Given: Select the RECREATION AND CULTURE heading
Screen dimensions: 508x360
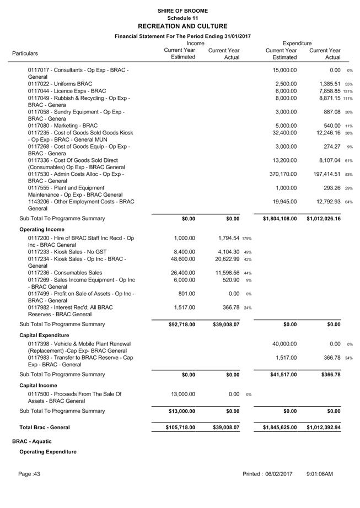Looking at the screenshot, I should click(182, 26).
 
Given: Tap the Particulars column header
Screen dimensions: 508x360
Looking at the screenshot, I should click(25, 53).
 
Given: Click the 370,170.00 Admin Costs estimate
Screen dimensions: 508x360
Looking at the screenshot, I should click(281, 174).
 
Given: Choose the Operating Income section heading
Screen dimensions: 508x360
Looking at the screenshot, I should click(42, 229).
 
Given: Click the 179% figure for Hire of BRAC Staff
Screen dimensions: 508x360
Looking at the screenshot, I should click(246, 239).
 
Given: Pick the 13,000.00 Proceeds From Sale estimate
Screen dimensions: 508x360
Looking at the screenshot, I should click(181, 394).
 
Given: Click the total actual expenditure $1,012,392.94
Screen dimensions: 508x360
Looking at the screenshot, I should click(324, 427).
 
